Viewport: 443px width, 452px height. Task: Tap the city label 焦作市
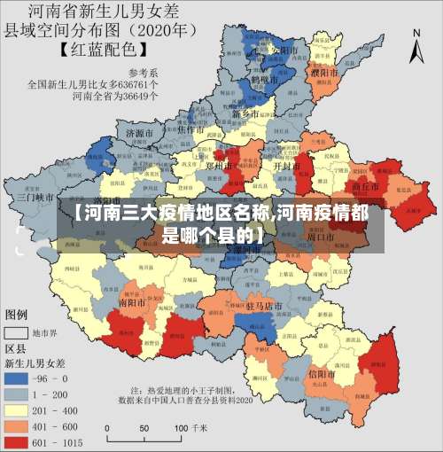(192, 129)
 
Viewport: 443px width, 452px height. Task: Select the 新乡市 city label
(245, 114)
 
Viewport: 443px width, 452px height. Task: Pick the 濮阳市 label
(323, 70)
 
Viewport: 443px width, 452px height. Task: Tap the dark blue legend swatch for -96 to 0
(16, 378)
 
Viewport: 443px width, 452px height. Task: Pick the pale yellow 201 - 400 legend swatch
(16, 409)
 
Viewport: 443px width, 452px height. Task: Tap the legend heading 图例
(17, 315)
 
